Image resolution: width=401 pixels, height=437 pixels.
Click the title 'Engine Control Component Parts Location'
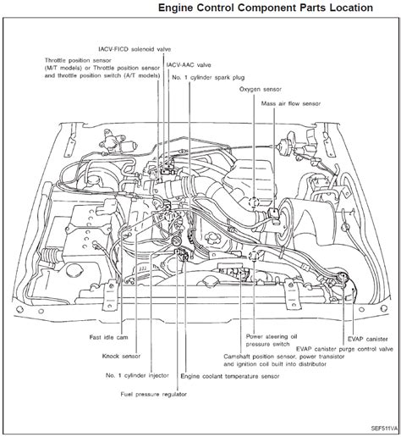click(265, 8)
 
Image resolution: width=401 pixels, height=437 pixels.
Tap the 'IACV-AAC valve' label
click(190, 65)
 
